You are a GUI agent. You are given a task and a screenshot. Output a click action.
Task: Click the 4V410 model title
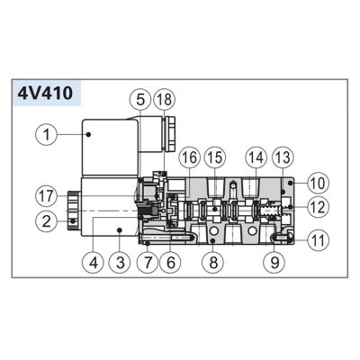coord(45,94)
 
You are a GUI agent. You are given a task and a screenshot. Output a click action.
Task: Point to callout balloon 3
coord(120,263)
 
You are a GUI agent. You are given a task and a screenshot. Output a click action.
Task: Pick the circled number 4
coord(94,263)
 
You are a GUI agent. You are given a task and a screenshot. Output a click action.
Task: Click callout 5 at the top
coord(140,100)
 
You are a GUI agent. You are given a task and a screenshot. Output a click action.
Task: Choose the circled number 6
coord(171,263)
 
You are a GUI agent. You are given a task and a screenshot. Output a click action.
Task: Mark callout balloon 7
coord(148,263)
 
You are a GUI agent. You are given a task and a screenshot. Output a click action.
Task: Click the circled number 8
coord(213,263)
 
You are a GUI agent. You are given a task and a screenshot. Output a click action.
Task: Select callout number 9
coord(274,263)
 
